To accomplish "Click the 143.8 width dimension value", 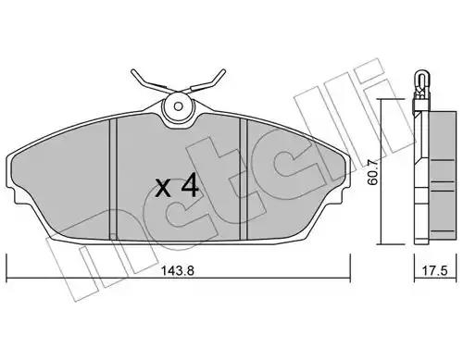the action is click(178, 271).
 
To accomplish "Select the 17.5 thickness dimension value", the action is click(434, 271).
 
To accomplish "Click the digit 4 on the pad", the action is click(189, 184).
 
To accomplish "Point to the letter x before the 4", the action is click(163, 189).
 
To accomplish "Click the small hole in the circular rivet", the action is click(178, 106).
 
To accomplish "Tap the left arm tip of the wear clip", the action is click(133, 71).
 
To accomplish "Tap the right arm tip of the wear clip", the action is click(224, 71).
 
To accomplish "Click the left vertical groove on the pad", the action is click(114, 180).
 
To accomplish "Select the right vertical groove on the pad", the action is click(244, 180).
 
